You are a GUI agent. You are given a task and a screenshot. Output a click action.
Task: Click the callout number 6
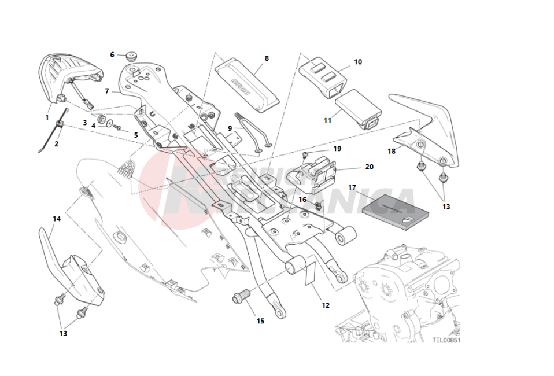click(112, 54)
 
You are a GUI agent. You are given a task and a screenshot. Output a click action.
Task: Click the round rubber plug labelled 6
click(130, 57)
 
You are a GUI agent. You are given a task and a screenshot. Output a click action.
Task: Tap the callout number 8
click(267, 58)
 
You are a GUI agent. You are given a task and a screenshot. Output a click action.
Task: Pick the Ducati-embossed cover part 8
click(245, 84)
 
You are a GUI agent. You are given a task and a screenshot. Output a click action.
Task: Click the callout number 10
click(358, 62)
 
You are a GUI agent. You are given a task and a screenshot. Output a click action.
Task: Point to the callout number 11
click(327, 121)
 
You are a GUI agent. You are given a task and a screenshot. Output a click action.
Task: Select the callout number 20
click(369, 167)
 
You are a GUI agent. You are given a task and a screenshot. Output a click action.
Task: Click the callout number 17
click(352, 187)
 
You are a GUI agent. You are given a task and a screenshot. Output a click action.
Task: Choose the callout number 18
click(392, 152)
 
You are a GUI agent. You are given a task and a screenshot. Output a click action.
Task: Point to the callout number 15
click(260, 320)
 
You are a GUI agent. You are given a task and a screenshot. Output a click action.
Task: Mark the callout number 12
click(326, 305)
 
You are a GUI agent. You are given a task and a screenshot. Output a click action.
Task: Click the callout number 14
click(57, 219)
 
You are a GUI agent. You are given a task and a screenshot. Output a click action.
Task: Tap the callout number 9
click(230, 128)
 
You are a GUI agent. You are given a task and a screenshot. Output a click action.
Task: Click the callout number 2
click(56, 143)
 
